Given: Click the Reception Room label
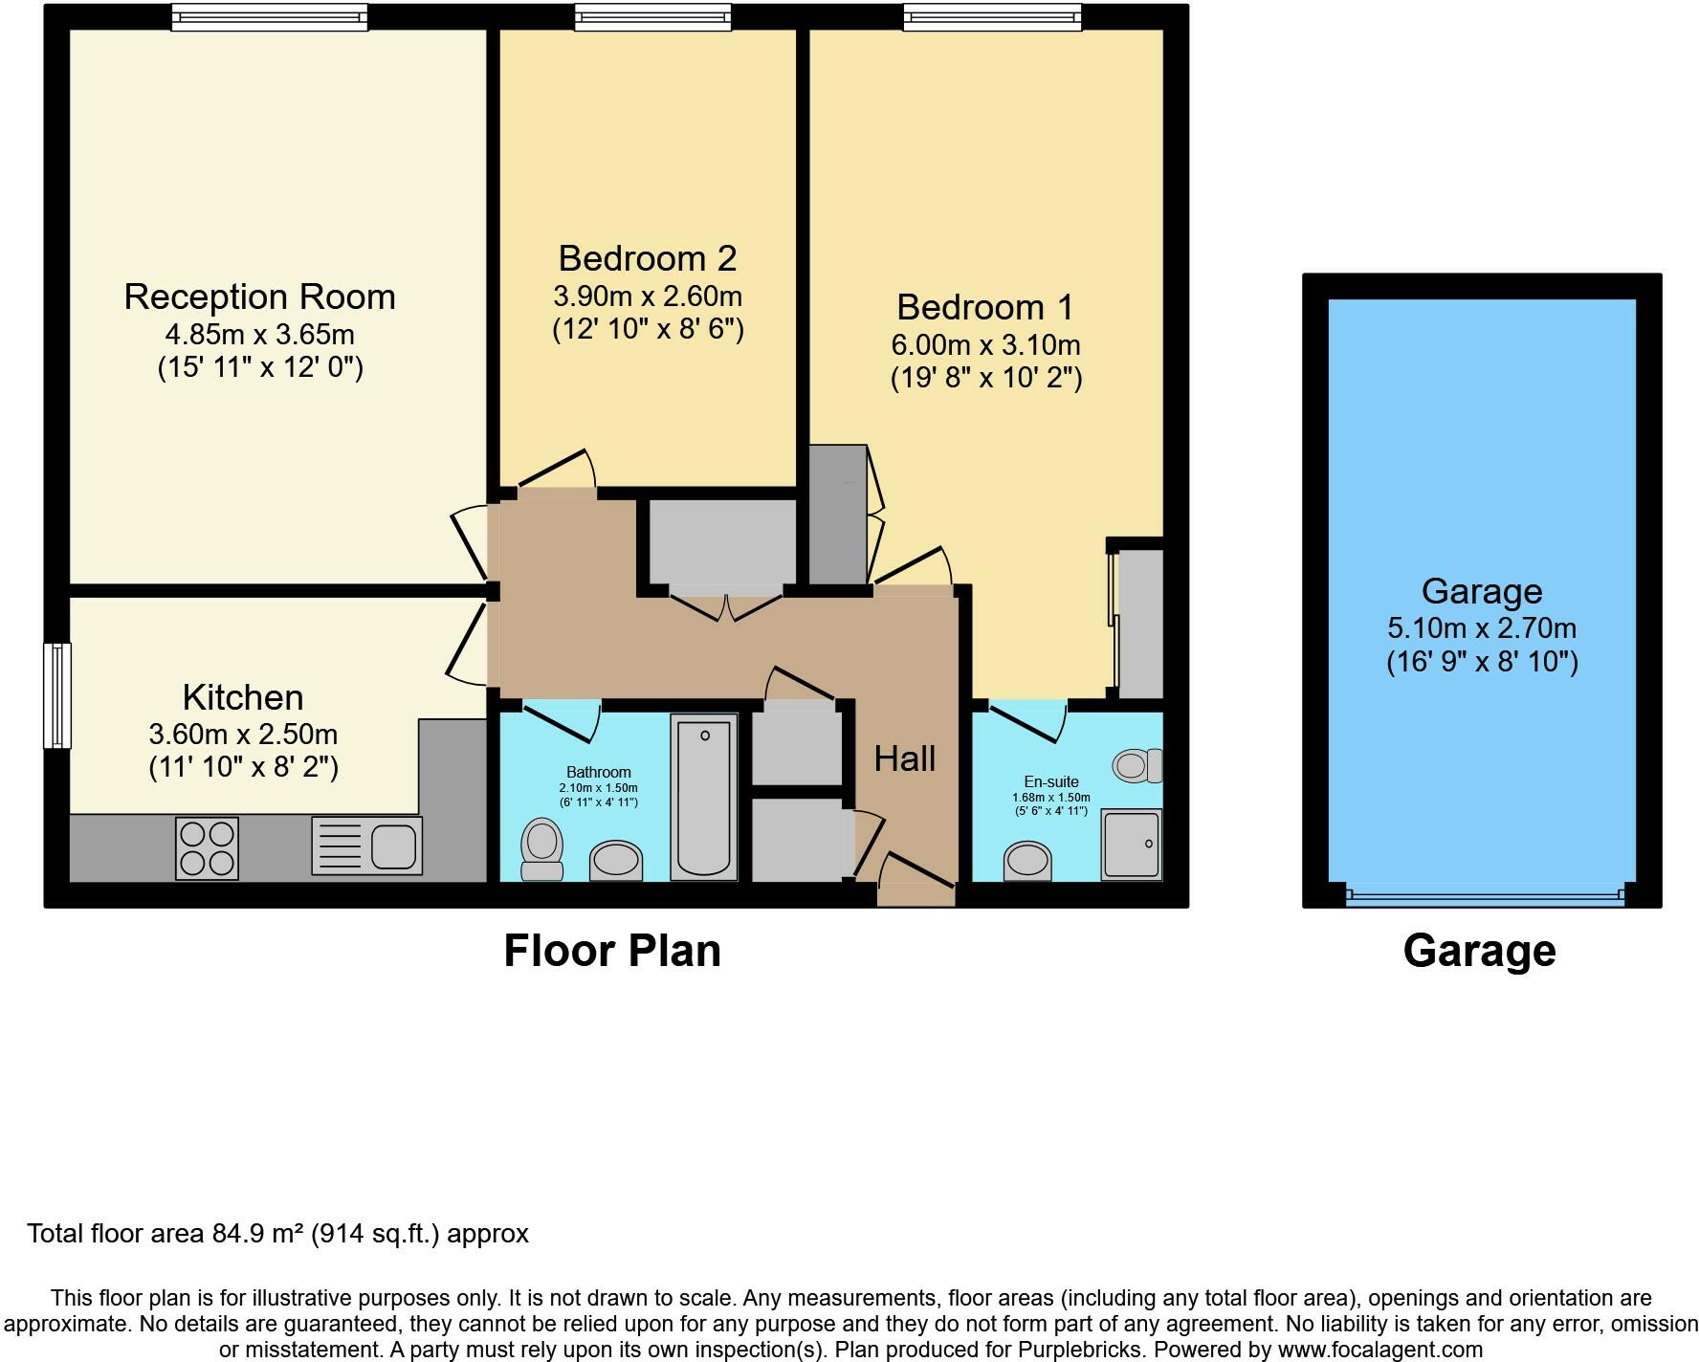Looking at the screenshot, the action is [x=259, y=297].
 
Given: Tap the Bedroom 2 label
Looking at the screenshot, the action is [x=648, y=258].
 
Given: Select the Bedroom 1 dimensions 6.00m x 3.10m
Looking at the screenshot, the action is [x=985, y=344].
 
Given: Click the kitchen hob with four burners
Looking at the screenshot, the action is [x=207, y=848].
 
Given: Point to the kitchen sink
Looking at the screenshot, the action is [x=366, y=846].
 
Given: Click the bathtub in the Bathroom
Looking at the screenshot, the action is [x=705, y=797].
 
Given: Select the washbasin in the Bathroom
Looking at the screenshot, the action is [x=615, y=860].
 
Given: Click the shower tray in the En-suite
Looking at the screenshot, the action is [x=1132, y=845].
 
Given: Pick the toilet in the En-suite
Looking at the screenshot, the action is [x=1137, y=765].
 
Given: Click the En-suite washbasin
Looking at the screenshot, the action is [x=1028, y=861].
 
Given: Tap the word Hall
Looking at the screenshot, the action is [x=905, y=759].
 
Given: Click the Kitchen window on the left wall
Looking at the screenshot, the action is [x=57, y=695].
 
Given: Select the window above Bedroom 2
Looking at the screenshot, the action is [x=653, y=16].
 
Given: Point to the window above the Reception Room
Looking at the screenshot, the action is [x=270, y=16].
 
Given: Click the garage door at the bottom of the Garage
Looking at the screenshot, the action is [x=1485, y=896].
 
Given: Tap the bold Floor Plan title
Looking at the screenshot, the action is [x=612, y=951].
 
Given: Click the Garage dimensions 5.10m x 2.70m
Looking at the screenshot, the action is [x=1482, y=628].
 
